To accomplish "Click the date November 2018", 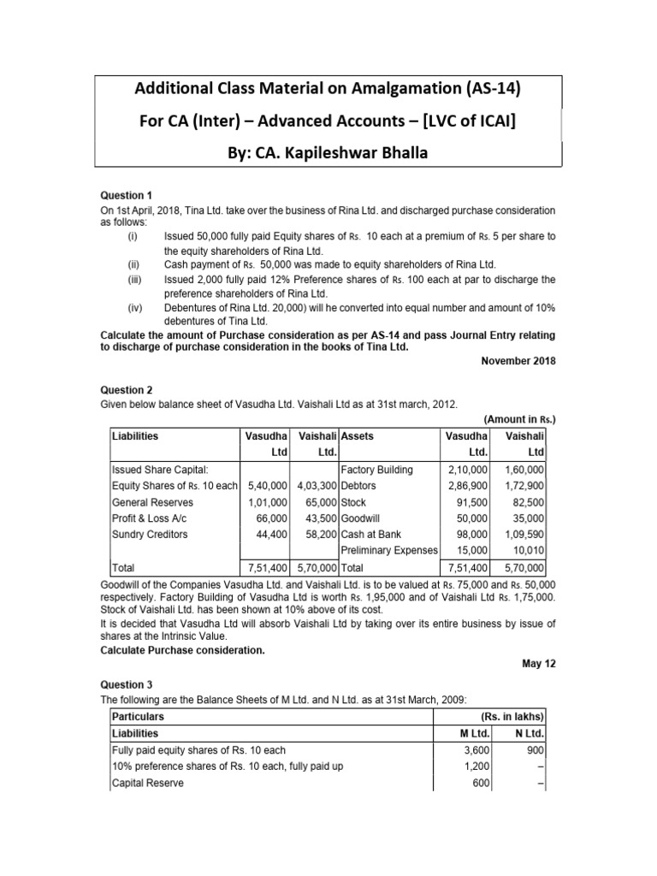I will [x=518, y=361].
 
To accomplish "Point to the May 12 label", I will [x=539, y=663].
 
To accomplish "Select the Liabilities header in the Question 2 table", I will [x=135, y=435].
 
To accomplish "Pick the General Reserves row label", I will [x=152, y=502].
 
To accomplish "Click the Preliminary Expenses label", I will [x=389, y=550].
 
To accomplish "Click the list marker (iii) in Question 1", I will [x=133, y=280].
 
